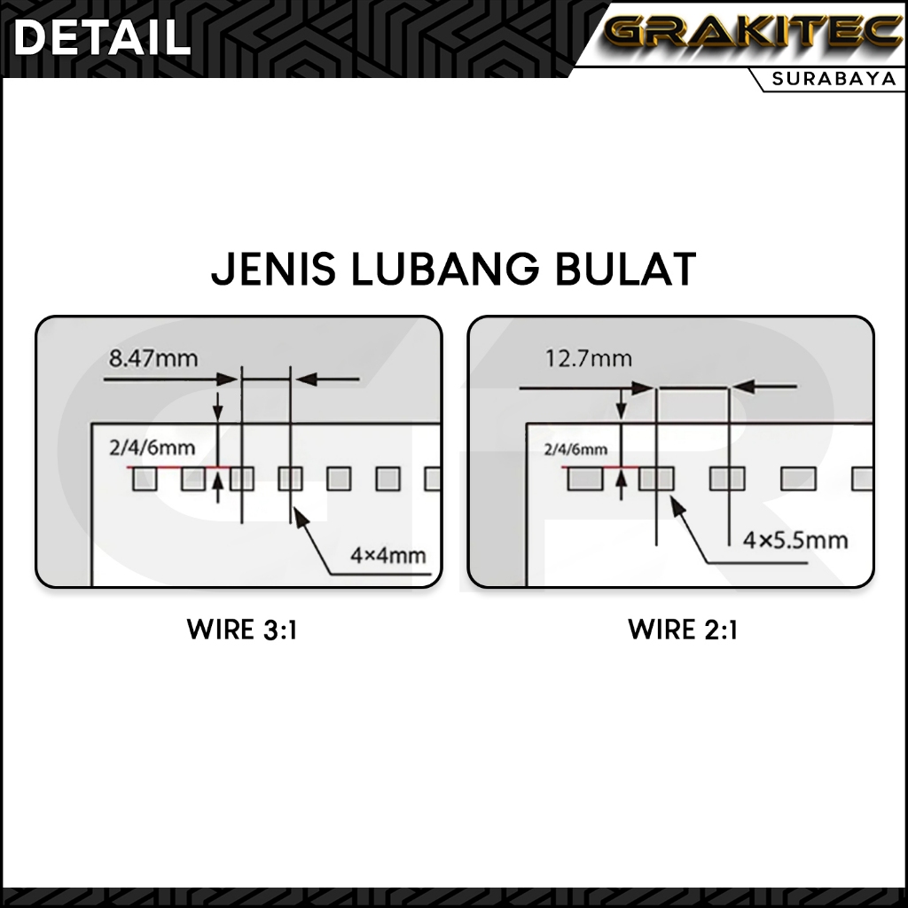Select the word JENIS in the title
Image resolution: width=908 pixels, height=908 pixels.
(x=274, y=270)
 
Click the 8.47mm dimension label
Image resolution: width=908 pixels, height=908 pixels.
(x=153, y=359)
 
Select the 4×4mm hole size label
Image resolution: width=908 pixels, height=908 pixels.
(x=388, y=557)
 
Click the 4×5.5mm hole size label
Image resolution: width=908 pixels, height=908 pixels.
(x=795, y=539)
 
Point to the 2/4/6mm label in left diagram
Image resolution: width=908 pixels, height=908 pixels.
(x=152, y=448)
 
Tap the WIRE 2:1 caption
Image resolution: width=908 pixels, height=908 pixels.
(x=683, y=630)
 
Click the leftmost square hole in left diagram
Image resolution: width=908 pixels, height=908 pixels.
(x=145, y=479)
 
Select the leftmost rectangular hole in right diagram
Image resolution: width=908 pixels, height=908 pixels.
(x=584, y=479)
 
